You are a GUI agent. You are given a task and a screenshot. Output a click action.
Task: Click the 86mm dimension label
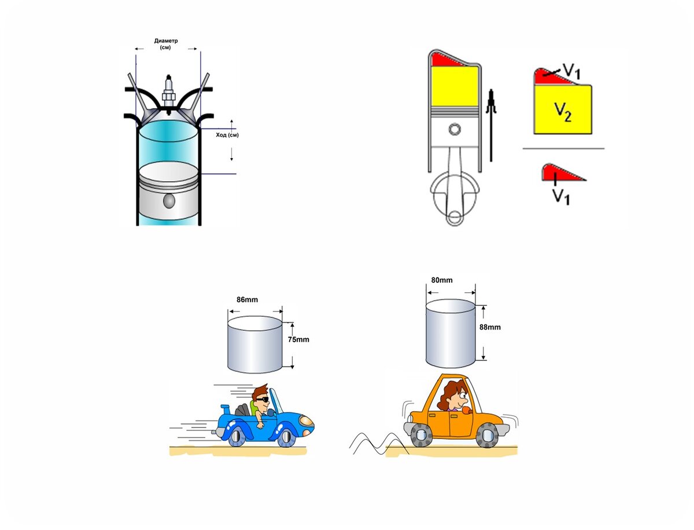tap(247, 299)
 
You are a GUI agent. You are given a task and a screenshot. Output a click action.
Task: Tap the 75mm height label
tap(298, 339)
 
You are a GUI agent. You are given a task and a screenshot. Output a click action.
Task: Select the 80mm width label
tap(442, 280)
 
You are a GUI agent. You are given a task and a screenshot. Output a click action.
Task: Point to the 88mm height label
tap(490, 327)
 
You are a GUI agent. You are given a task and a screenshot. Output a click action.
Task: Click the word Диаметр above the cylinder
tap(165, 41)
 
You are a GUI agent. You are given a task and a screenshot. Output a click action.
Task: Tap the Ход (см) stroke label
tap(227, 135)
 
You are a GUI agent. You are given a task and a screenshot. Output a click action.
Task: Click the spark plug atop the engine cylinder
tap(168, 93)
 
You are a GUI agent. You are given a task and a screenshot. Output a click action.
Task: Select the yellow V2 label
tap(563, 112)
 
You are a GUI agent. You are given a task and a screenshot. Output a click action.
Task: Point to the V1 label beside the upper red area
tap(571, 71)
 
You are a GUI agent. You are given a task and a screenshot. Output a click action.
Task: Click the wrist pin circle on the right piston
tap(455, 129)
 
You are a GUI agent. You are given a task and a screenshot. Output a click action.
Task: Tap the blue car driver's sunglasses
tap(262, 399)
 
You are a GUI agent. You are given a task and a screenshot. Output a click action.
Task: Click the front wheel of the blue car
tap(287, 437)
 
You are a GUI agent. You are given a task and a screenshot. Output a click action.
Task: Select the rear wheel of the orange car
tap(421, 435)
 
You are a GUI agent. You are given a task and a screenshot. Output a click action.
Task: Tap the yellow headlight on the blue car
tap(307, 421)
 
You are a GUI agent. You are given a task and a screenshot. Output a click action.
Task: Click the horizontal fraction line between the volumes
tap(563, 148)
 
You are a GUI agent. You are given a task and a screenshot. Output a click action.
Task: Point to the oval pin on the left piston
tap(169, 201)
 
